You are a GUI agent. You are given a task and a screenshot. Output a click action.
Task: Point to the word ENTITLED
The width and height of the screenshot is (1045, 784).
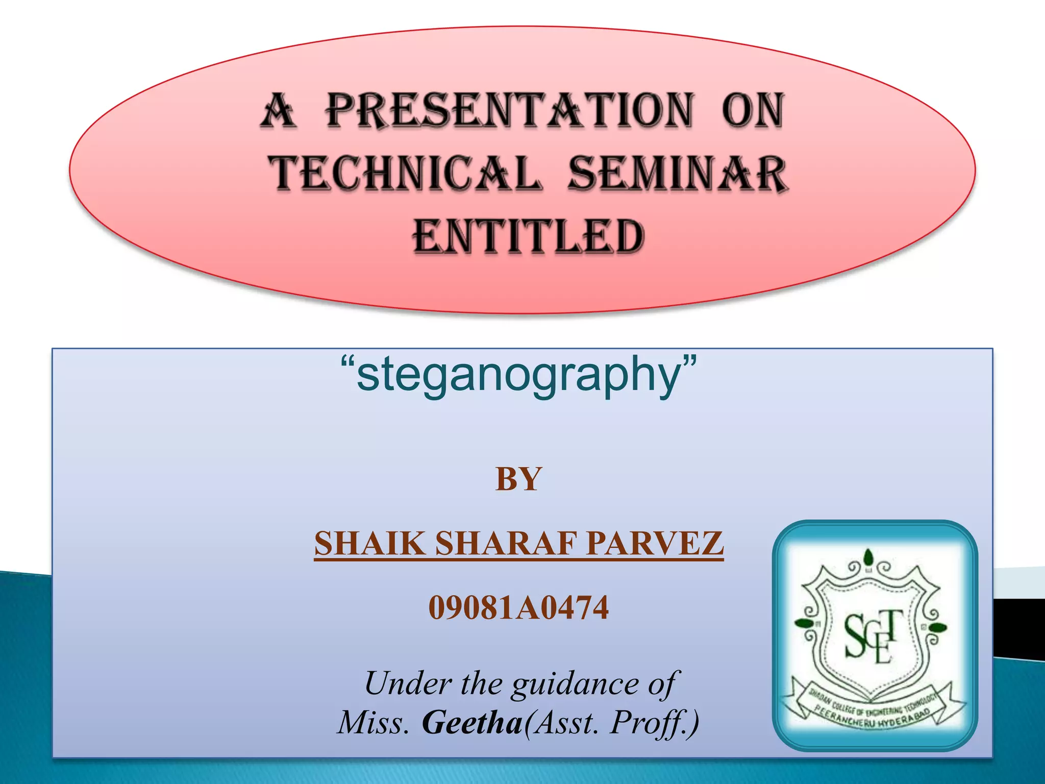tap(529, 237)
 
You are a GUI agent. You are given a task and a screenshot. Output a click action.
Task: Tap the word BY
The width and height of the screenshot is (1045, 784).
tap(518, 480)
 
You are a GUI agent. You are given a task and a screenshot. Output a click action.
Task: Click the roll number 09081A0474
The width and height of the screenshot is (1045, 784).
tap(518, 607)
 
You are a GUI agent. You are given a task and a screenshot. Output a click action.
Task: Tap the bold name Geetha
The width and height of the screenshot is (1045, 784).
tap(472, 723)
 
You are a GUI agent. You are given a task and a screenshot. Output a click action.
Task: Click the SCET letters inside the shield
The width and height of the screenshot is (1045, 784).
tap(869, 635)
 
